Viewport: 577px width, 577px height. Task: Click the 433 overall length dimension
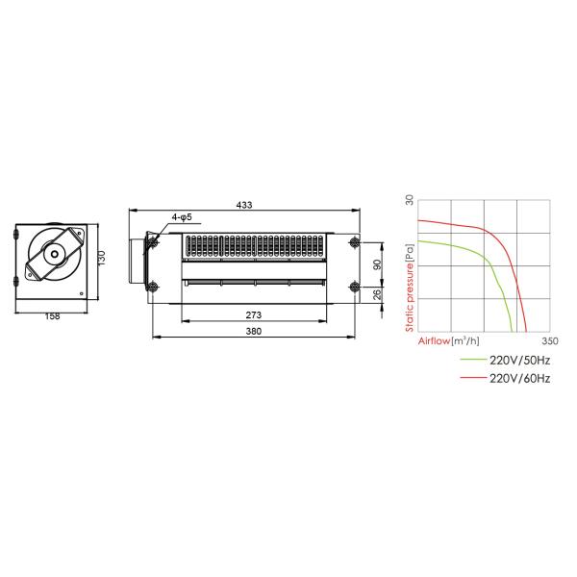[x=244, y=205]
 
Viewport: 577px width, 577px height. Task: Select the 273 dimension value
[x=254, y=315]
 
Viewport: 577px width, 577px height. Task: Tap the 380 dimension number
[x=254, y=331]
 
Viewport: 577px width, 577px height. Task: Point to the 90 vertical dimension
[x=377, y=264]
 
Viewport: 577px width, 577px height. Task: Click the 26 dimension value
[x=377, y=295]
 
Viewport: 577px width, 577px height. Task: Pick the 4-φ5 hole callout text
[x=182, y=217]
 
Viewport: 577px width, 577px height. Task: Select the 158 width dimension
[x=52, y=316]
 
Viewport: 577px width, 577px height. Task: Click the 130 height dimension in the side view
[x=102, y=258]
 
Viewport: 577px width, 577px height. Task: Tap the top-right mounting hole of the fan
[x=354, y=242]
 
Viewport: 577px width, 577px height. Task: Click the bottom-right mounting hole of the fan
[x=354, y=287]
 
